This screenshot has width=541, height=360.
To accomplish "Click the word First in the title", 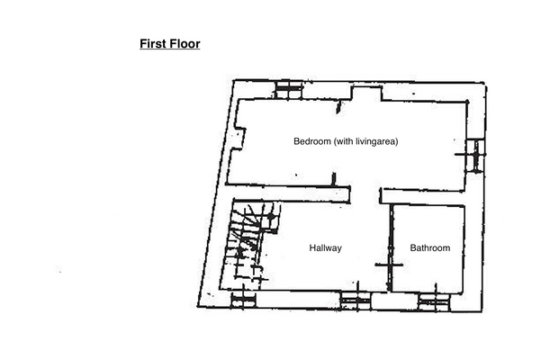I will click(x=153, y=43).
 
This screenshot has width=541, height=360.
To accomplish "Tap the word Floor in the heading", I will click(x=185, y=43).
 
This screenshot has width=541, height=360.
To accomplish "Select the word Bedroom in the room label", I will click(x=311, y=141).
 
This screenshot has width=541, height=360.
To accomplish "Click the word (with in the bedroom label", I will click(x=344, y=141).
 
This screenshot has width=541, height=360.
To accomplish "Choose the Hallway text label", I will click(x=325, y=247).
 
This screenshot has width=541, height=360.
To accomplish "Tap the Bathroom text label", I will click(x=429, y=247).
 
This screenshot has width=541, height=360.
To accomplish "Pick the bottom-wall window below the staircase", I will click(x=243, y=300).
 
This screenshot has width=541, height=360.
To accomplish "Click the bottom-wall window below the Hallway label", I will click(x=353, y=299).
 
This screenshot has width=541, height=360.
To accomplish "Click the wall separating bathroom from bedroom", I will click(x=423, y=196).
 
